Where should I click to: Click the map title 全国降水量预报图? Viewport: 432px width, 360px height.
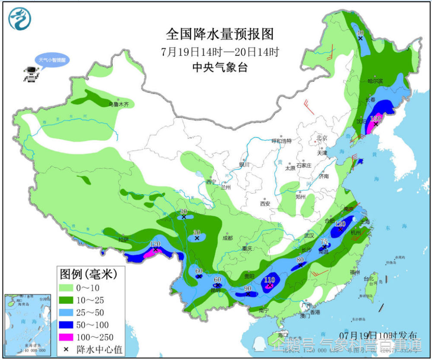[x=220, y=33]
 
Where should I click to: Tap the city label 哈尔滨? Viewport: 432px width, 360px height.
[x=375, y=81]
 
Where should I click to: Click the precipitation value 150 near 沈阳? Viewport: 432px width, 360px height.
[x=376, y=118]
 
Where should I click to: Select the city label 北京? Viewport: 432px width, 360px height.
[x=322, y=138]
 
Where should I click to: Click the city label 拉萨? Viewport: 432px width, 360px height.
[x=124, y=239]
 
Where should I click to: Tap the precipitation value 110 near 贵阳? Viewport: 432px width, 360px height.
[x=270, y=280]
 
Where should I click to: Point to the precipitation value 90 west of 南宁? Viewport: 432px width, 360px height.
[x=248, y=288]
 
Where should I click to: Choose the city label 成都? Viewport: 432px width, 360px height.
[x=228, y=238]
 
